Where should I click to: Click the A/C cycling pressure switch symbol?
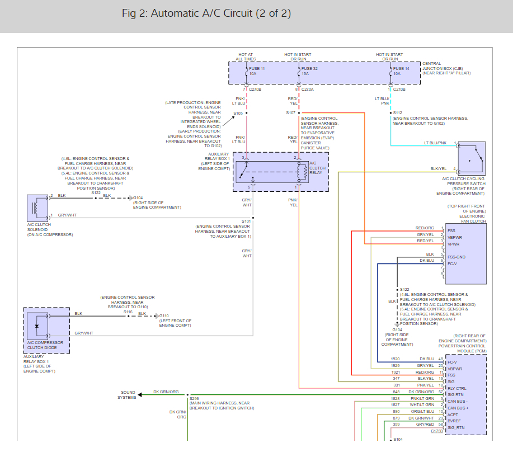(471, 158)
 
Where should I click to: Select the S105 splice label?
(238, 113)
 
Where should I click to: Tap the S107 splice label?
(291, 113)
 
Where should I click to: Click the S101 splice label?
(246, 221)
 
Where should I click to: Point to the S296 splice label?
(194, 398)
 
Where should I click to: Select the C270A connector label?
(308, 89)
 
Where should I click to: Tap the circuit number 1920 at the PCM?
(396, 359)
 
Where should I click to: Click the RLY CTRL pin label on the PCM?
(458, 388)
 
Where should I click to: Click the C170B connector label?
(436, 431)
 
